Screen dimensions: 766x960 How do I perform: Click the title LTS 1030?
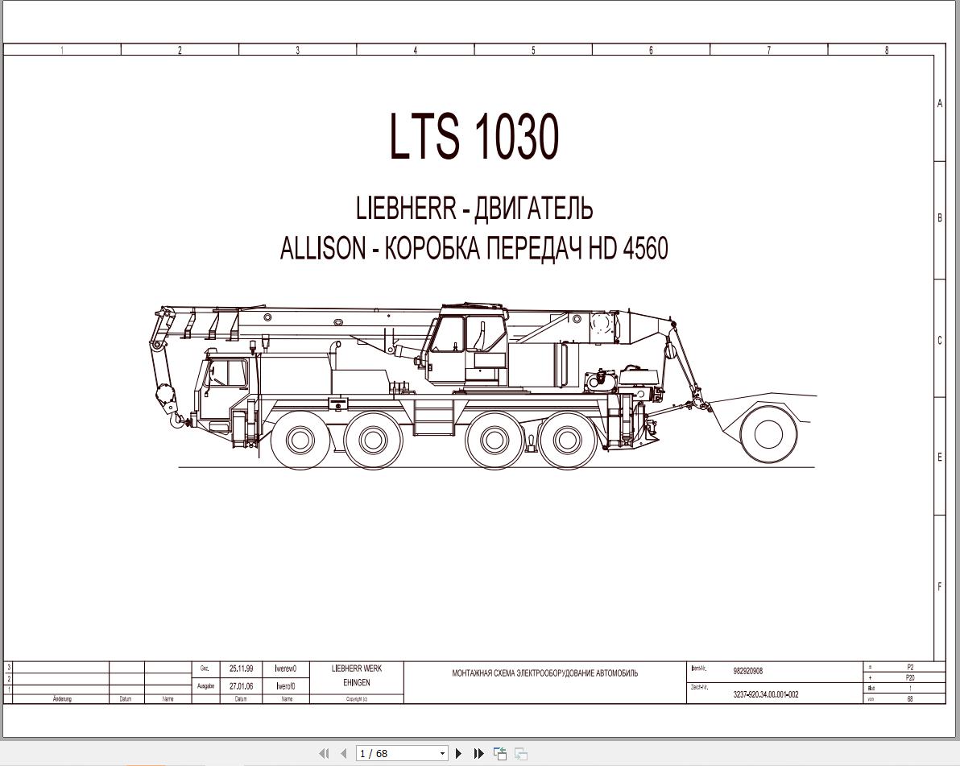click(474, 136)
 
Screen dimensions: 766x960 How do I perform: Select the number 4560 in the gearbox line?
click(644, 249)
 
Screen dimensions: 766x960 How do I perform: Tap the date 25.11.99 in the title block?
click(241, 669)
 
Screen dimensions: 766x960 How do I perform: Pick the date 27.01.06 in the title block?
click(241, 686)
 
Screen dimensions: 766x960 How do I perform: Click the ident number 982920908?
click(747, 671)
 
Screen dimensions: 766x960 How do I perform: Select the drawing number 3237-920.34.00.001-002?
click(765, 694)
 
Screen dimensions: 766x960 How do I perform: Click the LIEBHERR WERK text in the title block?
click(356, 669)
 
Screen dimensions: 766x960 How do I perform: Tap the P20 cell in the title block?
click(910, 677)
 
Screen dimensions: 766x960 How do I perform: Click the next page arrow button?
click(459, 753)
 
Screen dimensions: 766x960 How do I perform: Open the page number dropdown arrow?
click(442, 754)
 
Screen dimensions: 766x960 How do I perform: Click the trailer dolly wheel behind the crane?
click(768, 434)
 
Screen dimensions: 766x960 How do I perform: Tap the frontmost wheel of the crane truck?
click(300, 440)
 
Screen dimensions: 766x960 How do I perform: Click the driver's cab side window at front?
click(228, 374)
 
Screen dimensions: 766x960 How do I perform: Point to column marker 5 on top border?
click(533, 50)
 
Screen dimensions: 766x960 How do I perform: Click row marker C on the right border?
click(939, 340)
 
